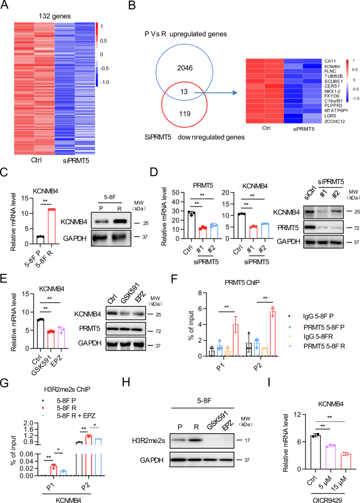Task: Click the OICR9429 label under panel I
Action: [x=312, y=497]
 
